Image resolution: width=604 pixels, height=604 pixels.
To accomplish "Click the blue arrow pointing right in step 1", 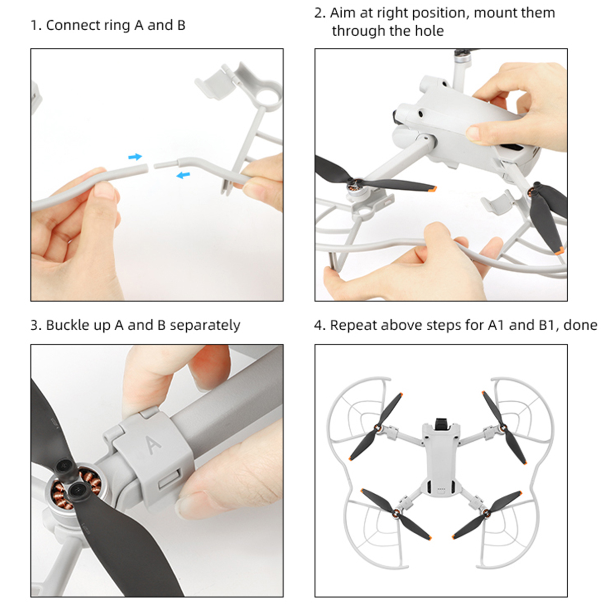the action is tap(135, 157).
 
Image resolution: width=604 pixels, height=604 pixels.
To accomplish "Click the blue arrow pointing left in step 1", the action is tap(183, 175).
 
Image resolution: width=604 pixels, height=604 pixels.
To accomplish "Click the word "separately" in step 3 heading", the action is tap(205, 325).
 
